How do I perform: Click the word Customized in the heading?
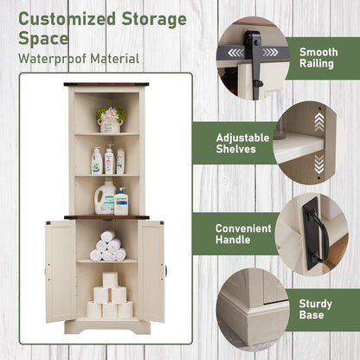click(67, 19)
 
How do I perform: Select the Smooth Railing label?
click(318, 58)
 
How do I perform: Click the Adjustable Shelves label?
click(242, 144)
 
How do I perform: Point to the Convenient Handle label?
click(243, 234)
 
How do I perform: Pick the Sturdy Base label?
click(315, 309)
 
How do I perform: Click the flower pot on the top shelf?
click(111, 119)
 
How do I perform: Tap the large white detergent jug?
click(105, 197)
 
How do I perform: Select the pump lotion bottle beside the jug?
click(121, 201)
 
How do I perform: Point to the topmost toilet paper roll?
click(110, 280)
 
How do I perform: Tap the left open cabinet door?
click(61, 271)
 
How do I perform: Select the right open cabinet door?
click(151, 271)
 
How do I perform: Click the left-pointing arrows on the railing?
click(235, 53)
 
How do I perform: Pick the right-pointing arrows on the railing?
click(270, 53)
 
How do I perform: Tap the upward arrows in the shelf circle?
click(319, 121)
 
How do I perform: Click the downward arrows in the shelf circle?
click(319, 164)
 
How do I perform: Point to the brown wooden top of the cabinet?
click(106, 85)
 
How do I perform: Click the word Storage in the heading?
click(154, 19)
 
